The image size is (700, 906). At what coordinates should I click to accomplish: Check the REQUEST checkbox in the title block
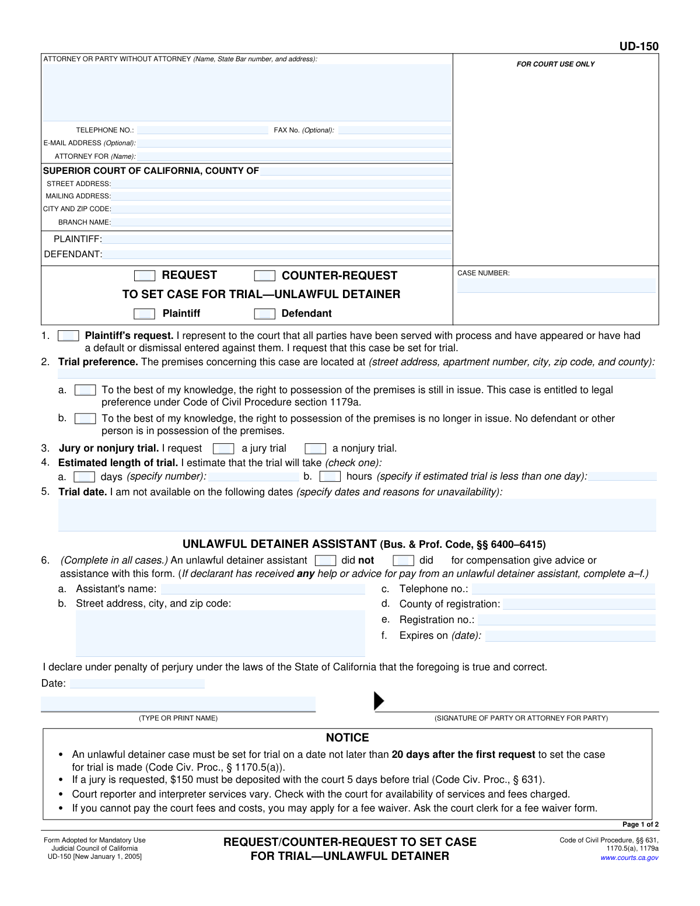click(145, 276)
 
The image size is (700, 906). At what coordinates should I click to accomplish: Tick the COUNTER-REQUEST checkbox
click(265, 276)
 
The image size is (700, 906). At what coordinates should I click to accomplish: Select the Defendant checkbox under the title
click(265, 314)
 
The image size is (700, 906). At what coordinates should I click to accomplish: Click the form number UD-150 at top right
click(639, 47)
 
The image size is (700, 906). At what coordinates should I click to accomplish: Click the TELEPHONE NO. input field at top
click(202, 130)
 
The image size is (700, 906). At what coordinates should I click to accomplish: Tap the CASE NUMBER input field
click(556, 285)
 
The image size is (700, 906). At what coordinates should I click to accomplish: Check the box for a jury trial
click(223, 449)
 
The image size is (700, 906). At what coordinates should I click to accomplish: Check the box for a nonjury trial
click(316, 449)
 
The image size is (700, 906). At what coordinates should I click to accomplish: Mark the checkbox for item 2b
click(85, 419)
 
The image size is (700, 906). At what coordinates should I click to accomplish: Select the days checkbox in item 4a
click(85, 477)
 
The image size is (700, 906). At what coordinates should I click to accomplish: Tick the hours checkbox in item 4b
click(330, 477)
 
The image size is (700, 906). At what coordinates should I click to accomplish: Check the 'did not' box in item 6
click(325, 561)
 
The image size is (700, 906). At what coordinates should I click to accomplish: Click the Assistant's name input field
click(262, 589)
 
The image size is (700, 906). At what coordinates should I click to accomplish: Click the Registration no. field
click(566, 620)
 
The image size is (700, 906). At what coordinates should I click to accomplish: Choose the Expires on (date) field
click(570, 636)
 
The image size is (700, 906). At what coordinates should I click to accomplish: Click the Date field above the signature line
click(137, 684)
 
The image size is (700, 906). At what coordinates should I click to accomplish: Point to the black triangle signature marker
click(379, 701)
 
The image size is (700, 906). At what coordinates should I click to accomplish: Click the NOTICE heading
click(348, 737)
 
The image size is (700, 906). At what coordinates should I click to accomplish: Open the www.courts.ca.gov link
click(629, 858)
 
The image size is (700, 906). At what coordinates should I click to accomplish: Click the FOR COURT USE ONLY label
click(555, 64)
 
